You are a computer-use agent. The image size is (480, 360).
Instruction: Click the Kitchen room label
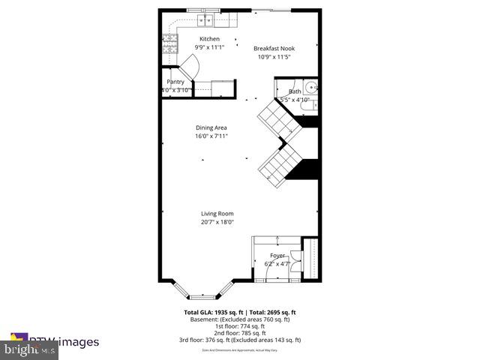pyautogui.click(x=209, y=38)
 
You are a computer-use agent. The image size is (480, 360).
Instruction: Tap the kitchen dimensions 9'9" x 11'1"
pyautogui.click(x=209, y=47)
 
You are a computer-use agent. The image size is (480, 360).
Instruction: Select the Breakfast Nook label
pyautogui.click(x=274, y=47)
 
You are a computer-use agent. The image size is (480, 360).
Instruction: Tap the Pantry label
pyautogui.click(x=175, y=82)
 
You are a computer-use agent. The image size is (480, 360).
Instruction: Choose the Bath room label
pyautogui.click(x=295, y=91)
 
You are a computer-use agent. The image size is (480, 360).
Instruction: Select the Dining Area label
pyautogui.click(x=211, y=127)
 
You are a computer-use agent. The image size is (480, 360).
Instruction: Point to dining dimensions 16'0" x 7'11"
pyautogui.click(x=211, y=136)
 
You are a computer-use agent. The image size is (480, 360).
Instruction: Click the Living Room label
pyautogui.click(x=217, y=214)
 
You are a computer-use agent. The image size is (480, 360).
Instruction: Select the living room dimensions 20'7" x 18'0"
pyautogui.click(x=217, y=222)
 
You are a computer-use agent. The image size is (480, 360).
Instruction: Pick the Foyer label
pyautogui.click(x=277, y=256)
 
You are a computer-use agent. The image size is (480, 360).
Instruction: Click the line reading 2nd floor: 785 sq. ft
pyautogui.click(x=240, y=333)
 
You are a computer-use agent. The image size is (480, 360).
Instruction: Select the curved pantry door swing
pyautogui.click(x=188, y=70)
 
